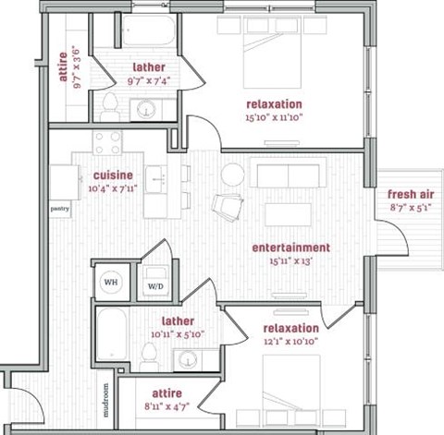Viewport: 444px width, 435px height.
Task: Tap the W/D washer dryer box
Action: pos(154,286)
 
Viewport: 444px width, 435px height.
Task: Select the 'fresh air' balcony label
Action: pos(408,194)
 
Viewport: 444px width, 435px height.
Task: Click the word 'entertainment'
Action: pos(290,248)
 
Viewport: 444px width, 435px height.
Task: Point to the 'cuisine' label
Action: pos(113,175)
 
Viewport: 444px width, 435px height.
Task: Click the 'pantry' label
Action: pos(60,209)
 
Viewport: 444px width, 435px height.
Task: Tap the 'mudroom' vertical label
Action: pos(106,400)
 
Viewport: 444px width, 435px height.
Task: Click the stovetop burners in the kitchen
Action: pos(108,143)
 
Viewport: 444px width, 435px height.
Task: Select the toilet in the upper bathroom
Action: pos(110,102)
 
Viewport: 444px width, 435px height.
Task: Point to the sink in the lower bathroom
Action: pos(191,358)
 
